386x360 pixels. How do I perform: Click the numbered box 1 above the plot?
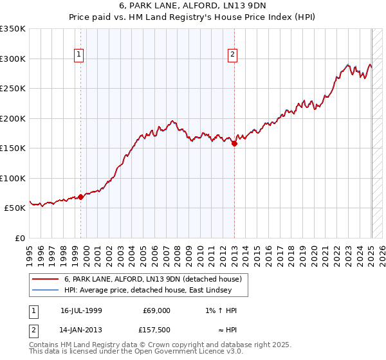click(x=78, y=55)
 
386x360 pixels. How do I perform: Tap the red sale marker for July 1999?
click(x=81, y=197)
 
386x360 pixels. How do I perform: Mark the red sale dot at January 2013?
click(x=234, y=144)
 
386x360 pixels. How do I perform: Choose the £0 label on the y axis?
click(x=20, y=239)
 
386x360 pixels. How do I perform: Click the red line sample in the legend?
click(x=45, y=279)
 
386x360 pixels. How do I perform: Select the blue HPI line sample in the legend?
click(x=45, y=290)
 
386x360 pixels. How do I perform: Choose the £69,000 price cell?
click(x=157, y=310)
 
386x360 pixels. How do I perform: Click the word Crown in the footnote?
click(x=147, y=345)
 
